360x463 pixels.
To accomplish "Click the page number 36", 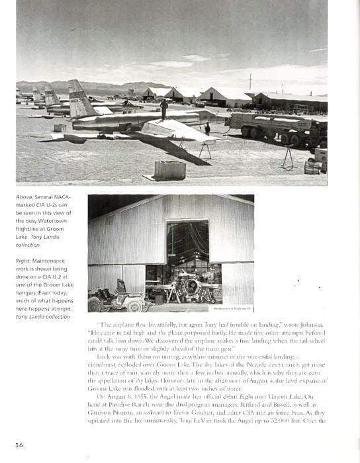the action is [19, 445].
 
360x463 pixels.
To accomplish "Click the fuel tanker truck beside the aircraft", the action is [275, 126].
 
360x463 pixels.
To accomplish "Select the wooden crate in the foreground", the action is [169, 169].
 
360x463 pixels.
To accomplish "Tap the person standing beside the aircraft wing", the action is [207, 128].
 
